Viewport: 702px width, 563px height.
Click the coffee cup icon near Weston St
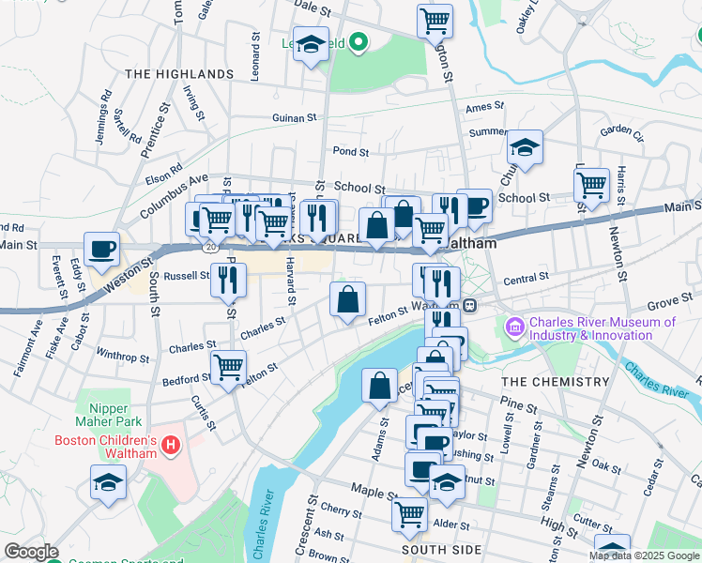[x=102, y=250]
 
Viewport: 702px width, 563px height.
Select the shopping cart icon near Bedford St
[x=228, y=366]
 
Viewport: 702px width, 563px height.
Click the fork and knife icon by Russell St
[x=228, y=279]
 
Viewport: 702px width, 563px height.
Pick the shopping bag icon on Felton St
[x=347, y=299]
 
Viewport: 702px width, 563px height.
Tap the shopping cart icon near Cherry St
[x=410, y=514]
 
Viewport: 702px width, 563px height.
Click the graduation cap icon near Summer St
[x=525, y=146]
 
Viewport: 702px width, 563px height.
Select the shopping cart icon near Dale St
[x=435, y=20]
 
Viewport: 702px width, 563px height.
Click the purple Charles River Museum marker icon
[x=515, y=327]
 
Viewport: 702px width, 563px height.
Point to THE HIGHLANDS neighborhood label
[x=178, y=73]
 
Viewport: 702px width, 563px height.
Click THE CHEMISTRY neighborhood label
[x=555, y=382]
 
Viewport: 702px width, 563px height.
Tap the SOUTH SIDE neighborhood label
[x=440, y=550]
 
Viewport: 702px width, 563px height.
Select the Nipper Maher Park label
[x=121, y=416]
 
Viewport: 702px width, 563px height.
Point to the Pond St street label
[x=350, y=151]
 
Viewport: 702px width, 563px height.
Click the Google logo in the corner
[x=31, y=552]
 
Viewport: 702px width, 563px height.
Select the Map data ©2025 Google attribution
[x=644, y=555]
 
